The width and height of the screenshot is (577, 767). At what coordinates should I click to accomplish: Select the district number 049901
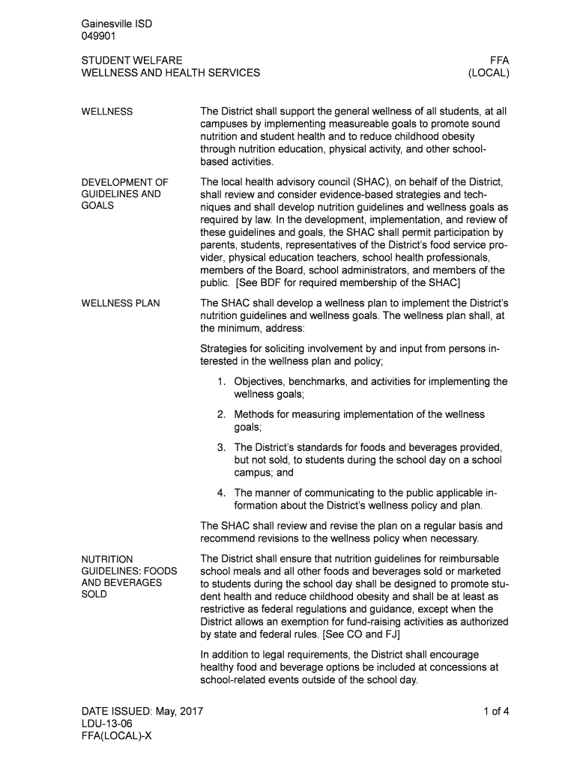pos(98,36)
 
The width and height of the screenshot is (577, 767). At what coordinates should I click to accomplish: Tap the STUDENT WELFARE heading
pos(131,60)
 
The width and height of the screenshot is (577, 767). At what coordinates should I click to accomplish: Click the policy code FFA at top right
pos(499,60)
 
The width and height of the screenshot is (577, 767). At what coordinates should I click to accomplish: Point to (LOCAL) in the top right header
pos(489,73)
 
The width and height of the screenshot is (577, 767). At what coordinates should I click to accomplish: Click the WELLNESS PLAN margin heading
pos(120,303)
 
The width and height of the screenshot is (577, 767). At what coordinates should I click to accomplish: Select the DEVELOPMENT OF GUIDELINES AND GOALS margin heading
pos(124,194)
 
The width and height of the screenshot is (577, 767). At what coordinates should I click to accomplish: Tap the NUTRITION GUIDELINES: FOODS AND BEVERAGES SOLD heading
pos(129,577)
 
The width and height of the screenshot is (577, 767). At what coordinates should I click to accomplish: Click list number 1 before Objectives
pos(222,382)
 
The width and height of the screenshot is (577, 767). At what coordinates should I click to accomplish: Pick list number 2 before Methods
pos(222,414)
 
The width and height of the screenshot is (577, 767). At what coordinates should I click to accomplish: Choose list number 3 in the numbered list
pos(222,448)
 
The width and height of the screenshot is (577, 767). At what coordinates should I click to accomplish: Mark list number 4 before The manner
pos(222,493)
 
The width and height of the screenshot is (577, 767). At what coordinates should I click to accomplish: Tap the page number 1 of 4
pos(496,712)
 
